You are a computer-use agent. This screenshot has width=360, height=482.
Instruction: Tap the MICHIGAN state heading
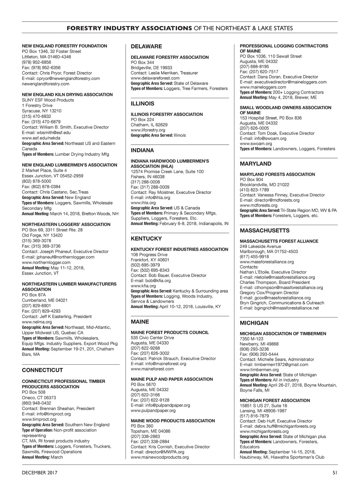point(254,323)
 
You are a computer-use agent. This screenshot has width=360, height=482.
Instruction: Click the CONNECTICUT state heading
point(42,370)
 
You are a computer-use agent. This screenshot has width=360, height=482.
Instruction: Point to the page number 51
point(335,473)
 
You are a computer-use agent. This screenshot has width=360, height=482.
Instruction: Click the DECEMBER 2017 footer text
point(40,473)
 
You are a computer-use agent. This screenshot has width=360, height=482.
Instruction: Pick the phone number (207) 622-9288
point(145,348)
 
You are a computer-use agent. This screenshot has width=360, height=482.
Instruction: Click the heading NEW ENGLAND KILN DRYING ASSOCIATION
point(67,95)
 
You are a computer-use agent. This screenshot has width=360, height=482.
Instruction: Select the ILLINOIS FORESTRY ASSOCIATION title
point(167,114)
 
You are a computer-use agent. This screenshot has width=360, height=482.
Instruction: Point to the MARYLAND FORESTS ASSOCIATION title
point(277,174)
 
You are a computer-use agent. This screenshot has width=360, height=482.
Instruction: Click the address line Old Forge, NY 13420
point(42,235)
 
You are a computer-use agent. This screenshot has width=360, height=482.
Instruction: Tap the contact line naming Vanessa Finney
point(282,195)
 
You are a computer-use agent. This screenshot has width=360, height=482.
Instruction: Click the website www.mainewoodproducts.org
point(160,457)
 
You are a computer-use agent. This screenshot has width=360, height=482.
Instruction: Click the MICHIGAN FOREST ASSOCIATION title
point(275,400)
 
